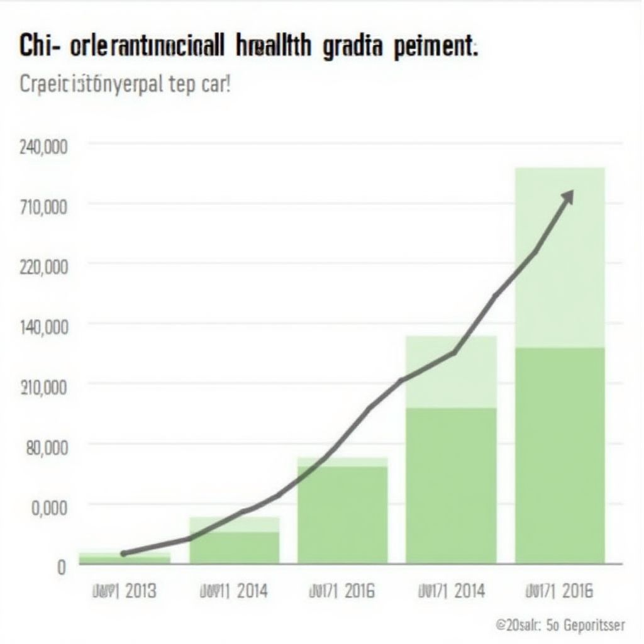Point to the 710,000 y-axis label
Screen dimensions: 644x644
(x=43, y=207)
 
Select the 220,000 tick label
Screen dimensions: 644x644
(x=43, y=267)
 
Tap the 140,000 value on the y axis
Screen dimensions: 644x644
(x=43, y=327)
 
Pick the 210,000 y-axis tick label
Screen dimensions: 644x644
(x=43, y=387)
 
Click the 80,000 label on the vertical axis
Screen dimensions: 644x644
(x=46, y=447)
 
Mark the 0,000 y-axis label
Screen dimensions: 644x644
(x=48, y=507)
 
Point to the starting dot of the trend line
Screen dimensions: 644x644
(x=123, y=553)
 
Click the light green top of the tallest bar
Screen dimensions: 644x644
(x=560, y=257)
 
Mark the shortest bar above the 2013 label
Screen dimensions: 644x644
(x=125, y=558)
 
